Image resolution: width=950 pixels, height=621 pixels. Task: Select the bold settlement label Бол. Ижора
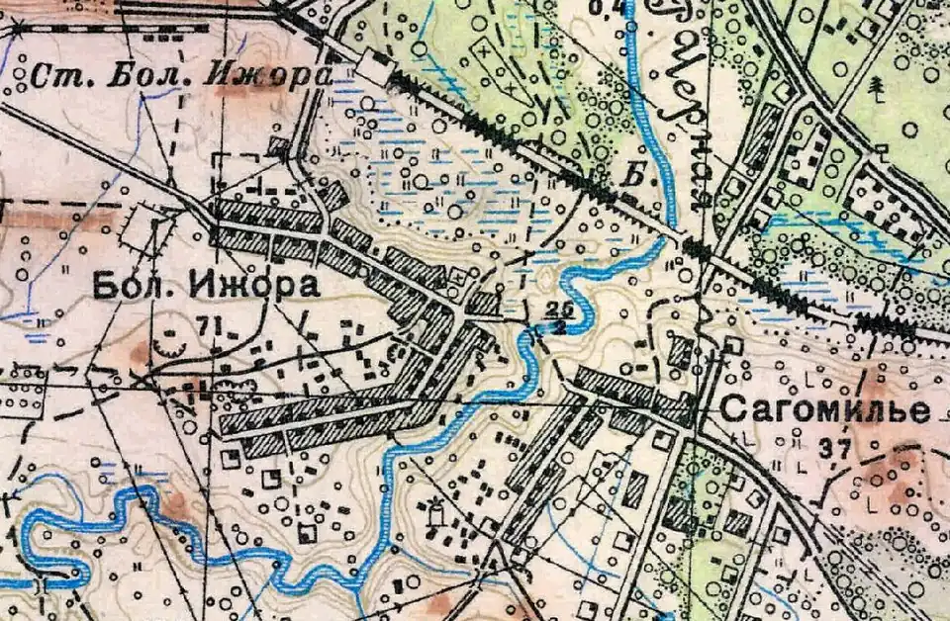206,287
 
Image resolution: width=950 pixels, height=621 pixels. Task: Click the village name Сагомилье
824,409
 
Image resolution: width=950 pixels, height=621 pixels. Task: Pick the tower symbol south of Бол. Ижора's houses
431,512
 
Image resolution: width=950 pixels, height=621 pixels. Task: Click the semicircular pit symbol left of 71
170,347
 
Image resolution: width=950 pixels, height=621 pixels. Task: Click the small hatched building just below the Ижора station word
279,147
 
